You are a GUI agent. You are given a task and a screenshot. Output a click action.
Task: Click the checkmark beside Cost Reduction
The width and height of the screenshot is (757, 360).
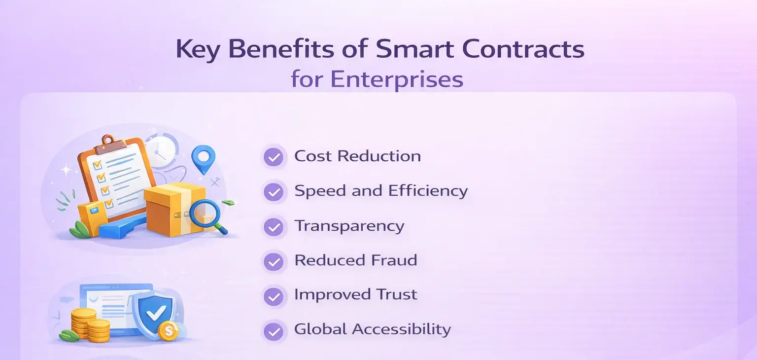tap(274, 157)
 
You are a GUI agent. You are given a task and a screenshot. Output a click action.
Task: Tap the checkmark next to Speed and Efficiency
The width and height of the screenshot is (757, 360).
tap(274, 192)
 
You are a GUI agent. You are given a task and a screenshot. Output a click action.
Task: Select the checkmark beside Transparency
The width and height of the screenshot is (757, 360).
tap(274, 227)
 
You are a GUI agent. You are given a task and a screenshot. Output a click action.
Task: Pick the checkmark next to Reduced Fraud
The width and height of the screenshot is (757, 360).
tap(274, 261)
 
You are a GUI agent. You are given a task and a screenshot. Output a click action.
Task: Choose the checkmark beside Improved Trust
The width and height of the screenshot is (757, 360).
tap(274, 296)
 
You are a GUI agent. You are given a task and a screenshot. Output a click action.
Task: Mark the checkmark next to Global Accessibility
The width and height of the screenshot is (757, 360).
tap(274, 330)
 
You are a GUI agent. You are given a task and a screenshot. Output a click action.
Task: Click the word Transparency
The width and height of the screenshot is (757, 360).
tap(349, 226)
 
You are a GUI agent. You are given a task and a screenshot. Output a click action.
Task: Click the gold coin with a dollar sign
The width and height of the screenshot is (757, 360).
tap(169, 330)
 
